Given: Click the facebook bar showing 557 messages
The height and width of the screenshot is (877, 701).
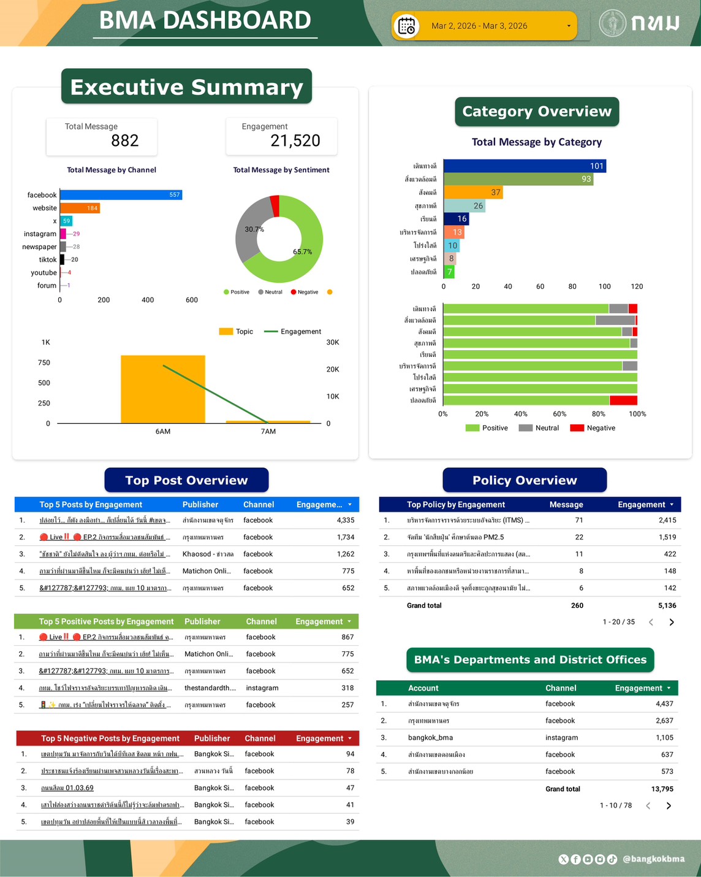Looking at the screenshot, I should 121,195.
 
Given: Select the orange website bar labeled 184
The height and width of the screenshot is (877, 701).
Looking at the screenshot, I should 80,208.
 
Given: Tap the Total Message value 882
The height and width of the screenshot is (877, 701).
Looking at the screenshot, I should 124,140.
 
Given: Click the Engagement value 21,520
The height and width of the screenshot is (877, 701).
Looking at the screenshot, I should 295,140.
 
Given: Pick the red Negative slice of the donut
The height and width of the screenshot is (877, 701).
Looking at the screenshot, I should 275,206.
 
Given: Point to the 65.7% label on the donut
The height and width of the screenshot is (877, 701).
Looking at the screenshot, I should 302,251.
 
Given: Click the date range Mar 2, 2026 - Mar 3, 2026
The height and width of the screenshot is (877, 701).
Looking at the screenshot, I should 479,26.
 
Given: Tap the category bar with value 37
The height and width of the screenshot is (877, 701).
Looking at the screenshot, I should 472,193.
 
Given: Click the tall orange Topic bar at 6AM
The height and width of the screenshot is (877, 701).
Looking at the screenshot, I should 162,389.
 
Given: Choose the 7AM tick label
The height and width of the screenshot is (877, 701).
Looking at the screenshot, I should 268,432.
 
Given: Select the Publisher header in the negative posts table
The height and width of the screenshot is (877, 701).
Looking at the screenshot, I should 211,738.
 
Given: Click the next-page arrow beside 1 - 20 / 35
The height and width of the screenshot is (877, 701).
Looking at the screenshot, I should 672,622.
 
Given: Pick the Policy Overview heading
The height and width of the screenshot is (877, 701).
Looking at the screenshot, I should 525,480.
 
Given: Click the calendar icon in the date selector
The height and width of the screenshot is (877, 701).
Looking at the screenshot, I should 407,26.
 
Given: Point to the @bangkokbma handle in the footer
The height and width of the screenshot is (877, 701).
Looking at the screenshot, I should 653,859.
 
